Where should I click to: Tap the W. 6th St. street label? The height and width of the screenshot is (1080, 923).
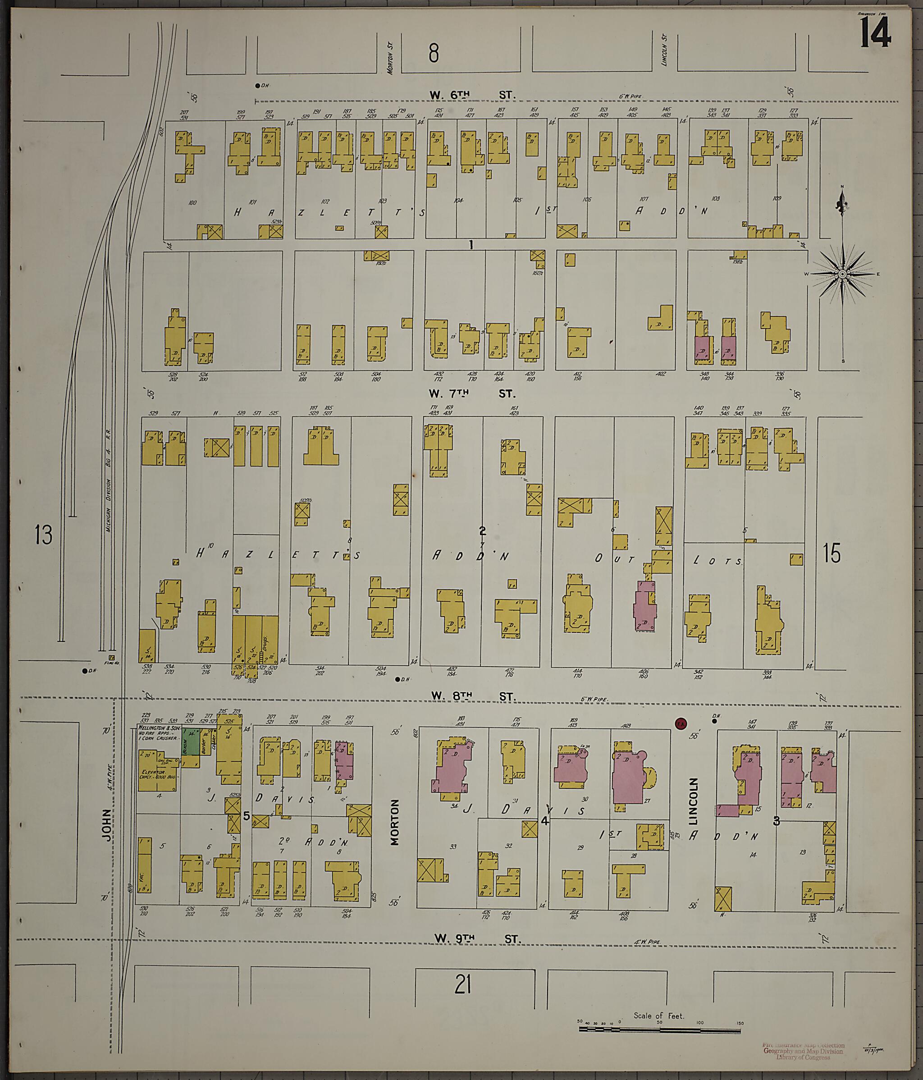(x=472, y=96)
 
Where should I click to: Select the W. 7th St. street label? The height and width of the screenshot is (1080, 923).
(x=472, y=394)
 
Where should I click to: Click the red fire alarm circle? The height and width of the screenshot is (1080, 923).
(x=679, y=723)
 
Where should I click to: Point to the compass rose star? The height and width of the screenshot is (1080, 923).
(x=842, y=274)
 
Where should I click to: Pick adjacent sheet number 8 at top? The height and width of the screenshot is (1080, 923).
(x=434, y=54)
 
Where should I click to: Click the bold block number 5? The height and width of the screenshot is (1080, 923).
(x=246, y=816)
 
